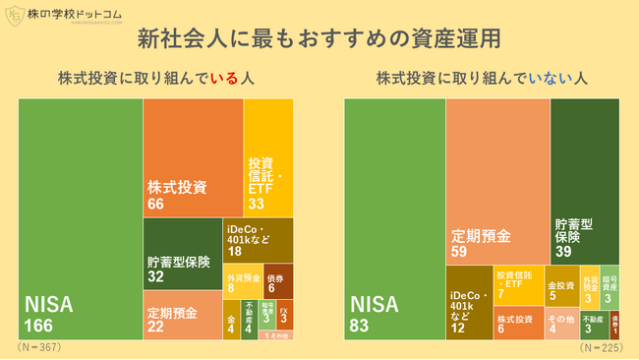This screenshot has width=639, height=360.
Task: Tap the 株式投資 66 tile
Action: point(193,157)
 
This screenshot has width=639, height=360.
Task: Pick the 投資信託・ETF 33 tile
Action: point(268,157)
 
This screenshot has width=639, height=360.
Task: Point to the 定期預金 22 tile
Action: point(183,315)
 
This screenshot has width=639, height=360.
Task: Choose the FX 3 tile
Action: point(283,316)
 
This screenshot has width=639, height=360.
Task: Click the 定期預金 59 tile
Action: point(497,182)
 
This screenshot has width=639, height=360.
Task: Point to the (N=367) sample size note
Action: point(40,347)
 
